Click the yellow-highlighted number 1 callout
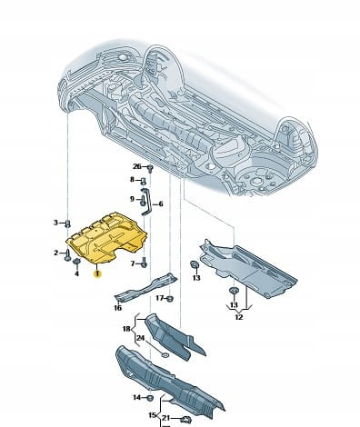pyautogui.click(x=97, y=274)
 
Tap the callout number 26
pyautogui.click(x=137, y=166)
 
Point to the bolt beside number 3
pyautogui.click(x=68, y=223)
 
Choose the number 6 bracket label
pyautogui.click(x=161, y=204)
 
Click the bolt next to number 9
pyautogui.click(x=143, y=201)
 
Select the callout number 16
pyautogui.click(x=118, y=308)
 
